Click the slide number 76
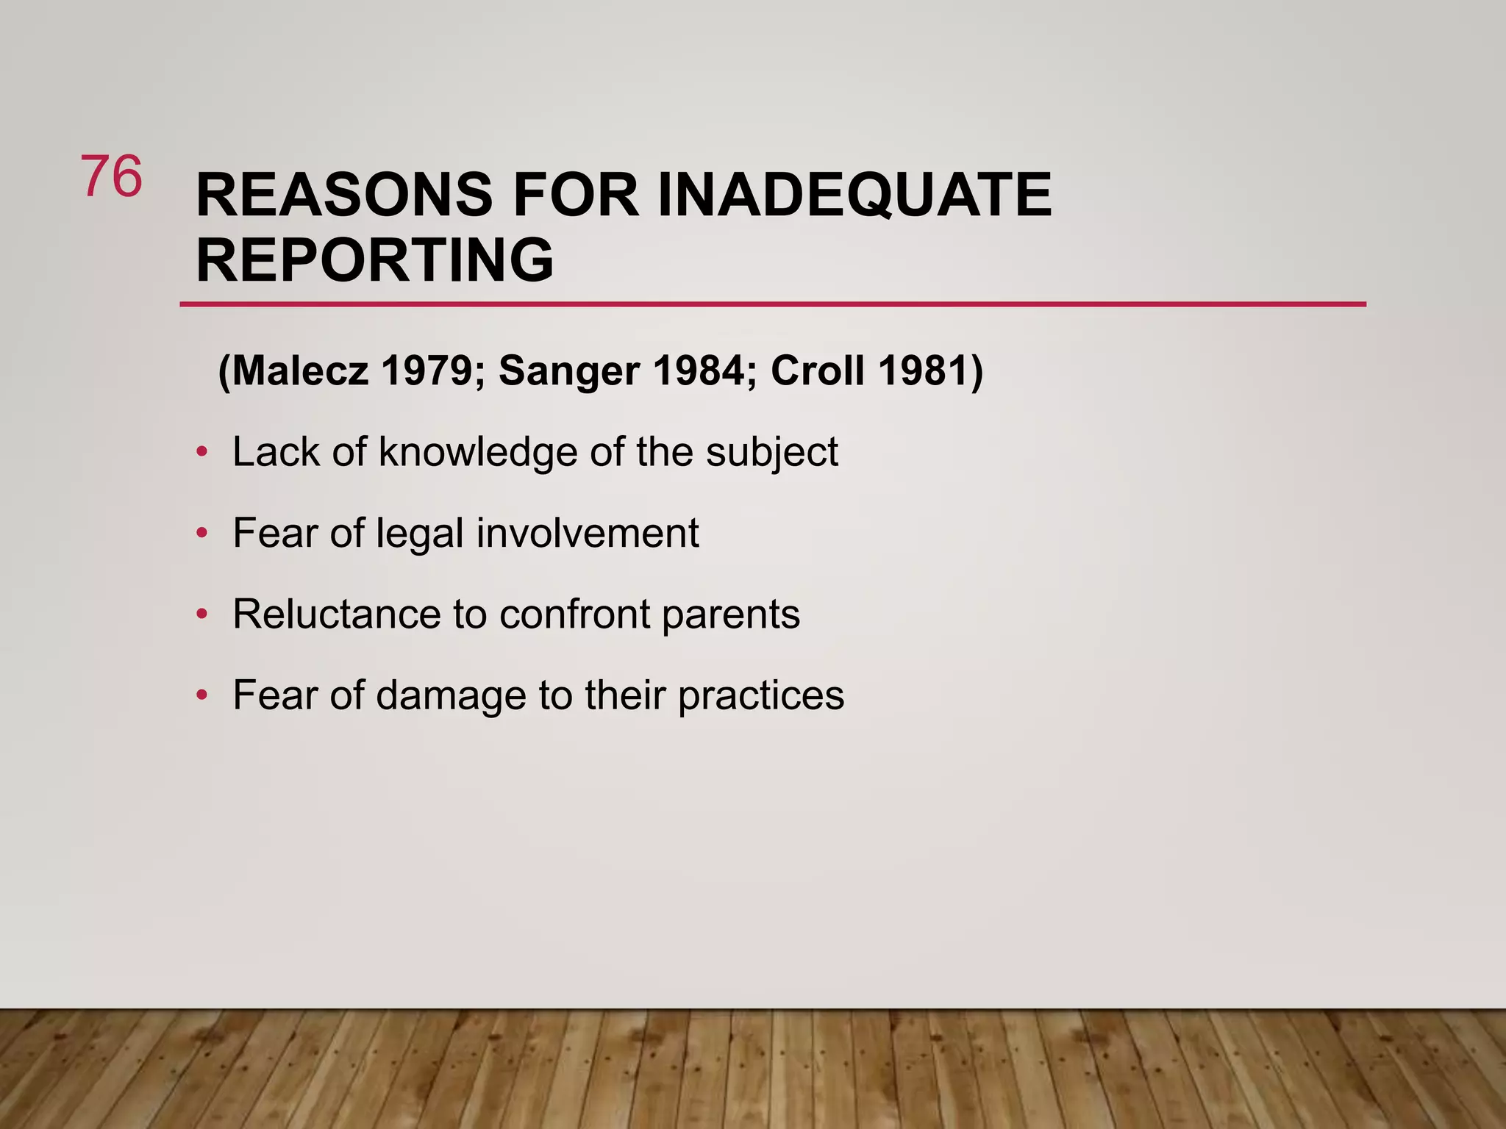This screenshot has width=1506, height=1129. point(111,176)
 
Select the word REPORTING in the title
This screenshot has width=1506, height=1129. point(375,260)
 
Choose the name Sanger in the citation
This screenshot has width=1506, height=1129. point(568,372)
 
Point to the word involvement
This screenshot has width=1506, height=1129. point(588,533)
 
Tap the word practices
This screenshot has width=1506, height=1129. point(761,696)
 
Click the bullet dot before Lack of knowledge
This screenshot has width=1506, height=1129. point(201,452)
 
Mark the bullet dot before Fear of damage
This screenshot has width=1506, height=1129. point(201,695)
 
